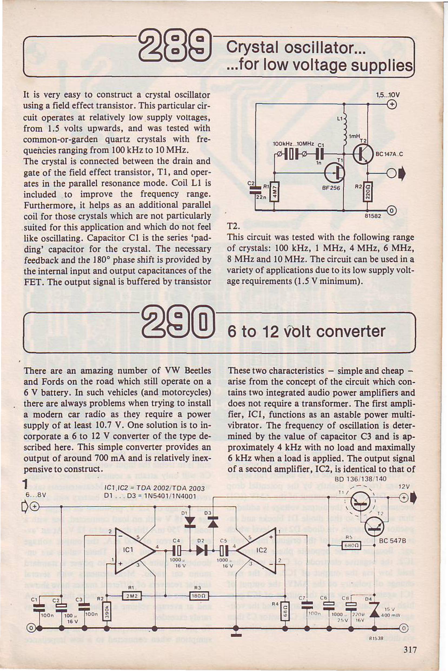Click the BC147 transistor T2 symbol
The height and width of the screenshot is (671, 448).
363,154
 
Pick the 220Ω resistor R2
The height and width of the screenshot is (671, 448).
368,192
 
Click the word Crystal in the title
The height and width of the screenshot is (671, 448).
252,47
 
